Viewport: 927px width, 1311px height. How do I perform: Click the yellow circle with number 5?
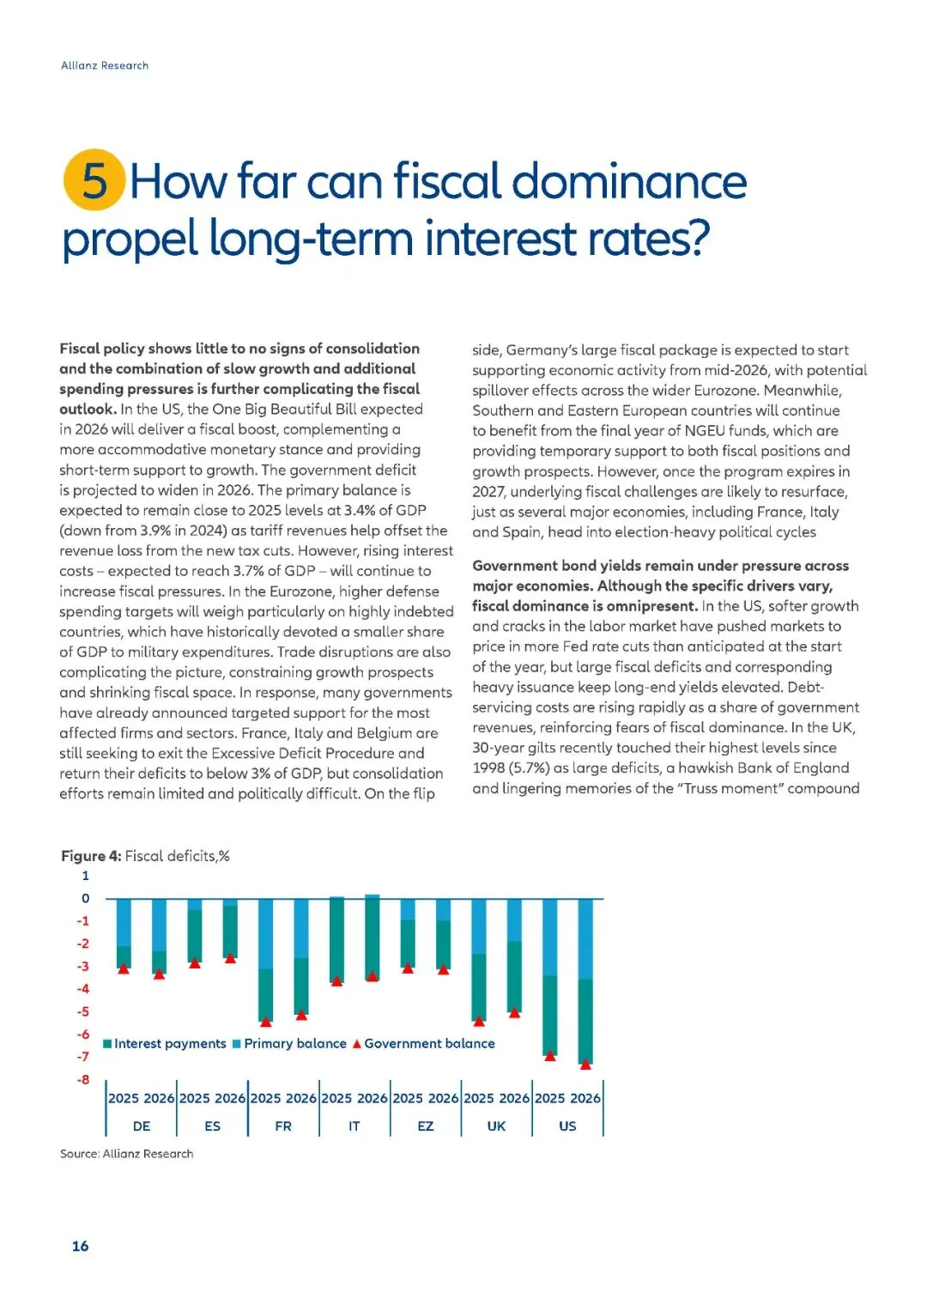(x=94, y=180)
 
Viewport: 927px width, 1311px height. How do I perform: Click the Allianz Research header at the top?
(x=105, y=65)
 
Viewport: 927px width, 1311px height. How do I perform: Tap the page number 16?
(x=80, y=1246)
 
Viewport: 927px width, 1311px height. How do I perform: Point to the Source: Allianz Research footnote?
(x=126, y=1153)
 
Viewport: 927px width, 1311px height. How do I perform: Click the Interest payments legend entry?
(x=165, y=1043)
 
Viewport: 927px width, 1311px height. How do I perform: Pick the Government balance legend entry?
(x=424, y=1043)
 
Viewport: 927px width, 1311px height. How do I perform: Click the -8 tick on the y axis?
(x=83, y=1079)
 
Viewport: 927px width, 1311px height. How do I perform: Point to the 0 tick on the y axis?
(x=85, y=898)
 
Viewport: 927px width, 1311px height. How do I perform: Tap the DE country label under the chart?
(x=142, y=1126)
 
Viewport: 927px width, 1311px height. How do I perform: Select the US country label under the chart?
(x=567, y=1126)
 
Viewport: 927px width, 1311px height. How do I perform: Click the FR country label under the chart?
(x=283, y=1126)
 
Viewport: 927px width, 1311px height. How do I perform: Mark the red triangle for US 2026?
(x=585, y=1064)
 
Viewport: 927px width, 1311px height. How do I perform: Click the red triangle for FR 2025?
(x=266, y=1022)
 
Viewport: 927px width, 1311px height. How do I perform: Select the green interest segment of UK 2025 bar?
(x=479, y=986)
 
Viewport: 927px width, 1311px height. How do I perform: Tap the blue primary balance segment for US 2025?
(x=550, y=937)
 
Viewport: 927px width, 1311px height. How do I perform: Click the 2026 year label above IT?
(x=373, y=1098)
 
